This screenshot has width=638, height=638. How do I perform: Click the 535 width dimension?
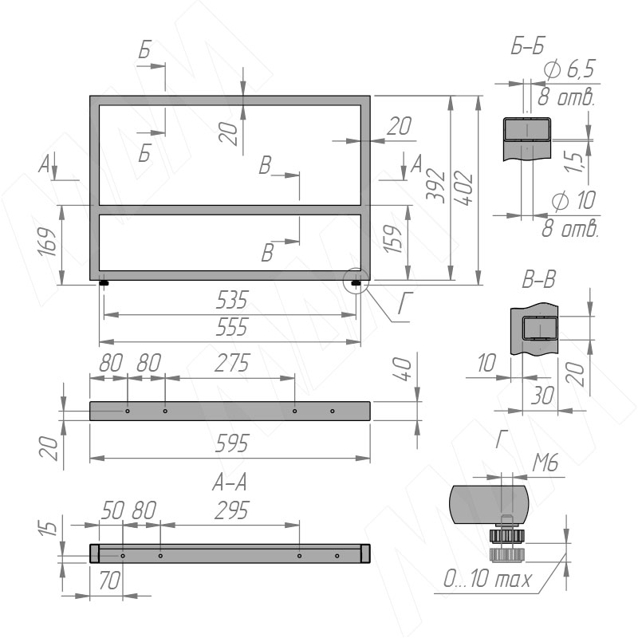coord(231,300)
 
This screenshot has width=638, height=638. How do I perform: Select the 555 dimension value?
coord(231,327)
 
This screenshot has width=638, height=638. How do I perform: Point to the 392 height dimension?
coord(435,186)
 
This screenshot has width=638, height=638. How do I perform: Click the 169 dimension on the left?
coord(47,242)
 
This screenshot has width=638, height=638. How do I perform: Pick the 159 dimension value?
coord(393,238)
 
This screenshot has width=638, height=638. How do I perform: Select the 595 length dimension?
coord(231,443)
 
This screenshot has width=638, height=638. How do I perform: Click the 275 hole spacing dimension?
coord(232,363)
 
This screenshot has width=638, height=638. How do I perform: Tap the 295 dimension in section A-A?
coord(231,510)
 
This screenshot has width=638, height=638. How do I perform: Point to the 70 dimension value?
coord(109,581)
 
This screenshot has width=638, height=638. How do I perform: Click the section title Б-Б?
coord(527,46)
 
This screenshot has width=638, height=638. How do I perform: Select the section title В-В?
coord(539,280)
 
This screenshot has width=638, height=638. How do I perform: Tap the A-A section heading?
coord(230,482)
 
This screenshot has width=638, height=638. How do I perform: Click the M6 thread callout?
coord(545,463)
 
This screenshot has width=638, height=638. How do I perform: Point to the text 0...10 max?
coord(487,578)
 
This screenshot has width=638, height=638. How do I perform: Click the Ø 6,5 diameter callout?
coord(569,69)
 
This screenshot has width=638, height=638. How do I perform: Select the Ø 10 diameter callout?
coord(573,200)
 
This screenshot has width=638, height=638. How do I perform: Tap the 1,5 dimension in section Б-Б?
coord(575,162)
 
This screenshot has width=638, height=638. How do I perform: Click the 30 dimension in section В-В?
coord(542,396)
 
